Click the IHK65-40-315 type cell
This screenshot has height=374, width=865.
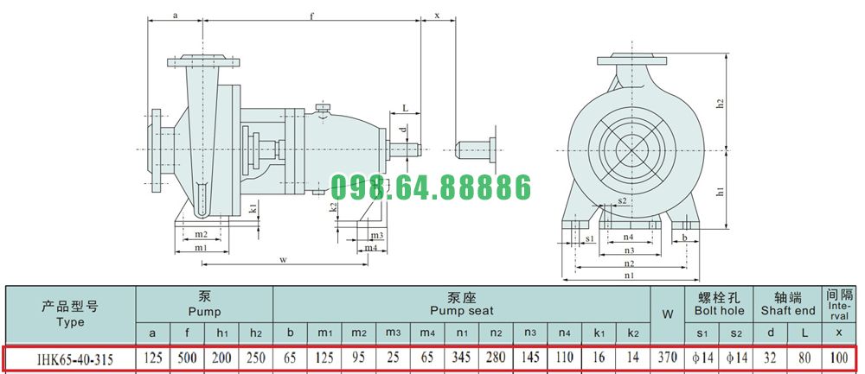(x=75, y=359)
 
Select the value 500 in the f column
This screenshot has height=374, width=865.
(x=187, y=358)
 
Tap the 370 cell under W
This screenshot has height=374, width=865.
(x=667, y=358)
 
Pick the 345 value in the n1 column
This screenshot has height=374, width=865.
(x=461, y=358)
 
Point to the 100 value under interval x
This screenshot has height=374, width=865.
(x=838, y=358)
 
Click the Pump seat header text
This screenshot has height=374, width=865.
(x=462, y=311)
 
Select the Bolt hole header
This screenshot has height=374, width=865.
(x=719, y=311)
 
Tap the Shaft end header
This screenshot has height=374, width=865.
(x=788, y=311)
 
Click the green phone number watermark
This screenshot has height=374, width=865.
(x=431, y=187)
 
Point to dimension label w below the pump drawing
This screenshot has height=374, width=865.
(x=283, y=259)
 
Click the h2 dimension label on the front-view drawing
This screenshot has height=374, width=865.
(x=720, y=103)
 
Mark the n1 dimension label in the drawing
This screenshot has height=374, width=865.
(x=630, y=275)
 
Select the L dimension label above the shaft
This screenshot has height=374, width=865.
(x=405, y=109)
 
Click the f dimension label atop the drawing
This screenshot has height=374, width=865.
(x=311, y=16)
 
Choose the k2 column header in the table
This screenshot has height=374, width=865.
(x=633, y=333)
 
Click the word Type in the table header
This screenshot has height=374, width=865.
(x=70, y=322)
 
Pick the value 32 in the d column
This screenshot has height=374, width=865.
(x=770, y=358)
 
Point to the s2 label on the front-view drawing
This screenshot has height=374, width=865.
(x=622, y=201)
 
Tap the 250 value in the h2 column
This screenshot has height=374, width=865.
(x=255, y=358)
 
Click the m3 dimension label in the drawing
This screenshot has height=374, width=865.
(x=377, y=235)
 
